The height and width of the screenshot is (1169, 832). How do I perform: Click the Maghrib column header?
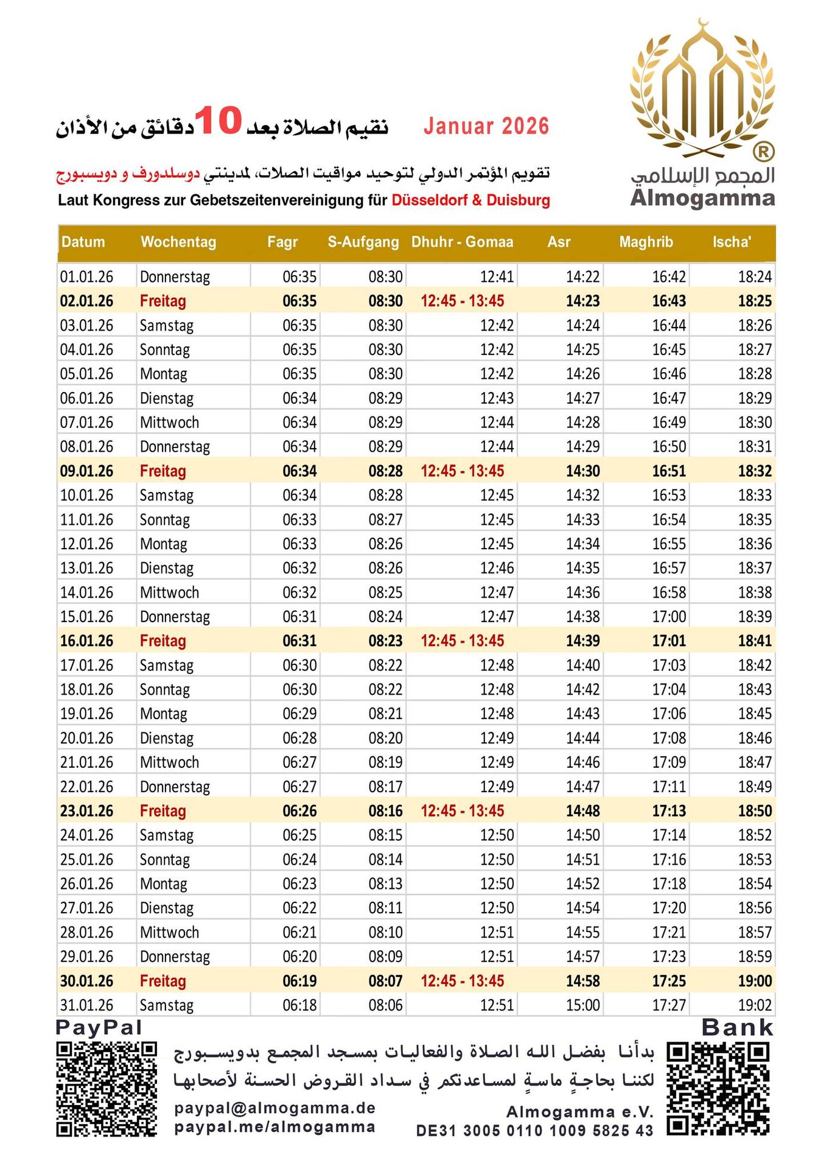[x=646, y=242]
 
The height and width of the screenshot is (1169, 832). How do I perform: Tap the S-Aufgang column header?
[x=363, y=242]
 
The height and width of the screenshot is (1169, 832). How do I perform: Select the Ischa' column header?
[x=732, y=242]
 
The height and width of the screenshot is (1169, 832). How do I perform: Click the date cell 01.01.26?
[x=86, y=277]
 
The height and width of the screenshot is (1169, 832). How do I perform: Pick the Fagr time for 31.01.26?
[x=299, y=1005]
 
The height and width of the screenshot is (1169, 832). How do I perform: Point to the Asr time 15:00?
[x=582, y=1005]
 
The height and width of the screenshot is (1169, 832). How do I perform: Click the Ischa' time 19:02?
[x=755, y=1005]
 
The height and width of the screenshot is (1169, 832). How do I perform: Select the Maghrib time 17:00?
[x=669, y=617]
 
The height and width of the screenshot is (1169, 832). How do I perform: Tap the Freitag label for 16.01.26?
[x=163, y=641]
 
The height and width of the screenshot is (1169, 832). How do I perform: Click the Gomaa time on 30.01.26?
[x=462, y=981]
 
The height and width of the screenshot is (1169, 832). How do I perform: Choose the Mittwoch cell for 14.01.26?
[x=169, y=592]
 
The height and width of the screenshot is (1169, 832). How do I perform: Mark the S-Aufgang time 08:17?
[x=385, y=787]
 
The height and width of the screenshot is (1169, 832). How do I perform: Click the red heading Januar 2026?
[x=486, y=127]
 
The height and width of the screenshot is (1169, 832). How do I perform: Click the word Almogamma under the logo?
[x=702, y=198]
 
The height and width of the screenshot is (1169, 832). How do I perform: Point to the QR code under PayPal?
[x=107, y=1089]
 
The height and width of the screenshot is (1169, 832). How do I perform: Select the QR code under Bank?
[x=718, y=1089]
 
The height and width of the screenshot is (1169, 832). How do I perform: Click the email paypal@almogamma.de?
[x=274, y=1108]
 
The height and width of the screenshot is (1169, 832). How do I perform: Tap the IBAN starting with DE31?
[x=534, y=1131]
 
